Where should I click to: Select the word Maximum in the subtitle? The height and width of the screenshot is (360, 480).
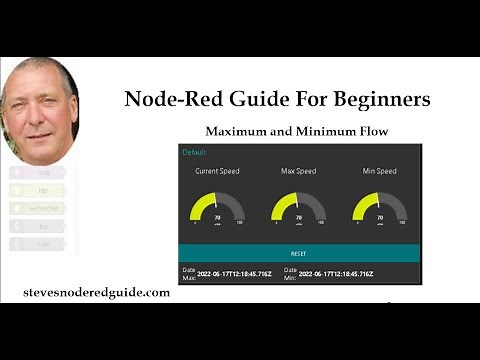point(243,131)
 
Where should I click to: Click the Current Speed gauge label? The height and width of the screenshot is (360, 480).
point(216,171)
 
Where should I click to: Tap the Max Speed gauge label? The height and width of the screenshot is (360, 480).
point(297,171)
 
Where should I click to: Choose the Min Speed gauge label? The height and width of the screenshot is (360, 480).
point(379,171)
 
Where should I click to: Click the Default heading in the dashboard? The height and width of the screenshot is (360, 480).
point(193,153)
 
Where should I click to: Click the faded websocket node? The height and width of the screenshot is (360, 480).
point(41,207)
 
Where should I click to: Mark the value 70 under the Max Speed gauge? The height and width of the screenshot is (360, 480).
point(298,216)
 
